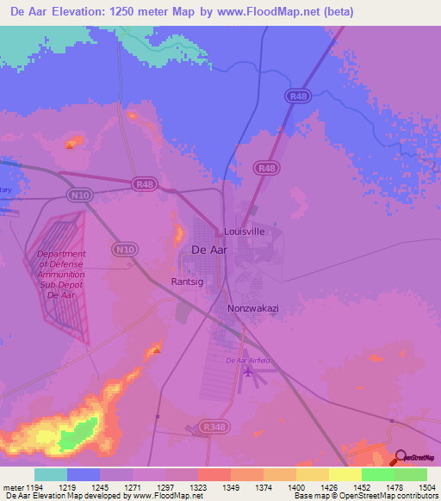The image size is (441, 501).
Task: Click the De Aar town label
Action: tap(208, 250)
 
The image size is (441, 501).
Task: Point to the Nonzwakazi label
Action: tap(251, 308)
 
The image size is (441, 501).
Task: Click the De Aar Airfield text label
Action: tap(248, 360)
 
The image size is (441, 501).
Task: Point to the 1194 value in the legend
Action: tap(34, 487)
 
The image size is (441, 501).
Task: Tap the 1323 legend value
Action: tap(198, 487)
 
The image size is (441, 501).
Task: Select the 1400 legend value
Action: tap(296, 487)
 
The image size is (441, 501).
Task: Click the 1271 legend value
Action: tap(133, 487)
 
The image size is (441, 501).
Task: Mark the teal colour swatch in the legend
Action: tap(51, 474)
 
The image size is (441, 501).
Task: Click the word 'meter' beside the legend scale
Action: tap(12, 487)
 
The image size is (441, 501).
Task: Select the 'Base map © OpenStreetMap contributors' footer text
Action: tap(364, 497)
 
